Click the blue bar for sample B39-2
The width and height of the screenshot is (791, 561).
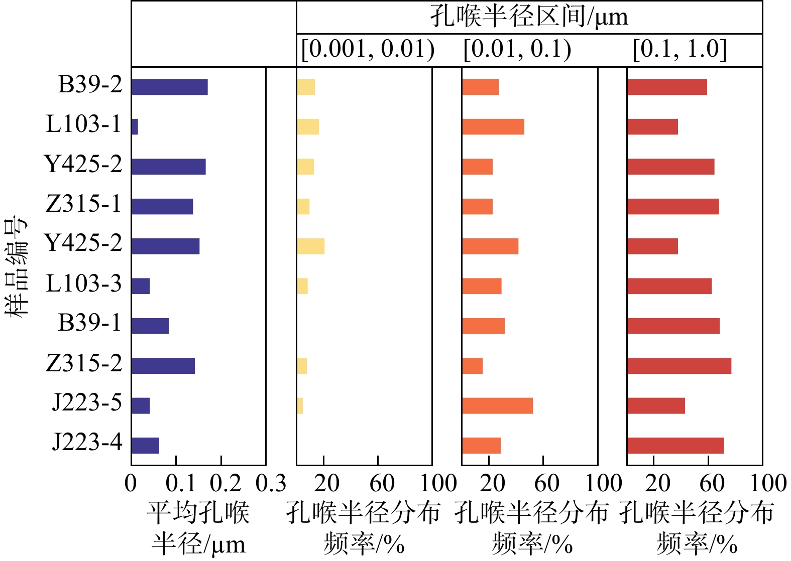point(169,87)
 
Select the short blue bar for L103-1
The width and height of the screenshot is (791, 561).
point(135,126)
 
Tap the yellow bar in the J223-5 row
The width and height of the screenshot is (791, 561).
point(300,405)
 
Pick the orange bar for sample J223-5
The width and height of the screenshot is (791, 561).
point(497,405)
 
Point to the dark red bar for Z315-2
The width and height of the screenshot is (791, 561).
point(679,366)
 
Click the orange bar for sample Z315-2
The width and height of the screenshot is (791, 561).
point(472,366)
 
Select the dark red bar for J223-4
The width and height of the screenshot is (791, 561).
point(675,446)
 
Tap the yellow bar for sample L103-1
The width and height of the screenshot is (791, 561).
point(308,126)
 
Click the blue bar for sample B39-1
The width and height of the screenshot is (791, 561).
point(150,326)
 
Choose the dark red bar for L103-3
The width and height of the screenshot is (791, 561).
point(669,286)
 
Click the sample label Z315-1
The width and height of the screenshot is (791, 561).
point(84,204)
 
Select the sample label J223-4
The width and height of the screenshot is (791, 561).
point(87,443)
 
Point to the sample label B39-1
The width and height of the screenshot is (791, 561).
point(90,323)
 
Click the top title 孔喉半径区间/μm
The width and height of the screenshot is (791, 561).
point(529,17)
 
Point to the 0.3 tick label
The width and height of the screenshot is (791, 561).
point(271,484)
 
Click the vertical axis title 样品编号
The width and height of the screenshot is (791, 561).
point(17,266)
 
